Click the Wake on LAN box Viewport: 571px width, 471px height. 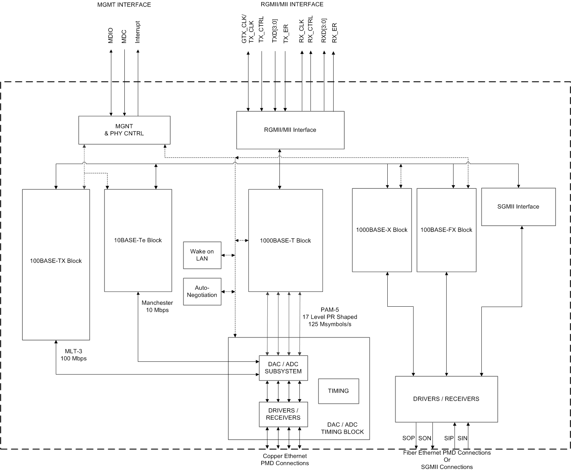202,255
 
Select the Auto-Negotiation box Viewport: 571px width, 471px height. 202,291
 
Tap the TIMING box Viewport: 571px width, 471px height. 338,391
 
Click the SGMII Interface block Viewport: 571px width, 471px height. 518,207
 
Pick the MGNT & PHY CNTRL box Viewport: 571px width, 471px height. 124,130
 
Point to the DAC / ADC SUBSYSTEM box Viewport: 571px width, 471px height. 283,368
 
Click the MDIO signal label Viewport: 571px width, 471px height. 111,35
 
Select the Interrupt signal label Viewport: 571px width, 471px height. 138,32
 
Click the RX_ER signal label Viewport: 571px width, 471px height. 335,33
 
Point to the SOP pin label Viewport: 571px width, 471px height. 408,438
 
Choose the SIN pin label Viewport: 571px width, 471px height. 462,438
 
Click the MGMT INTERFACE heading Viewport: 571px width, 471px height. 124,5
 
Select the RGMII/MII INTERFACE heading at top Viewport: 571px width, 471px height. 292,4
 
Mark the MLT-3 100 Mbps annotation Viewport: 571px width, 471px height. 74,355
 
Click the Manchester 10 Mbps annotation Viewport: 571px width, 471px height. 157,306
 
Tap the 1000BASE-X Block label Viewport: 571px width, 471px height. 382,230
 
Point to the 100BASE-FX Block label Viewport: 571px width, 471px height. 446,230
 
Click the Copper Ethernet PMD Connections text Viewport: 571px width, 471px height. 285,460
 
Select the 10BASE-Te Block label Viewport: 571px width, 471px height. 138,240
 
